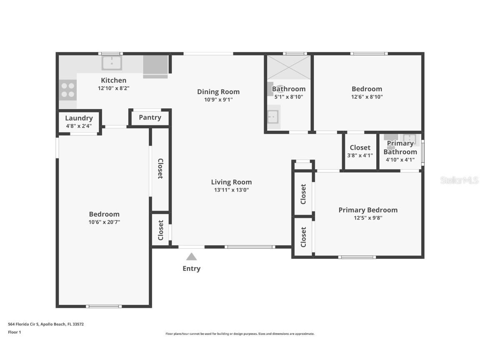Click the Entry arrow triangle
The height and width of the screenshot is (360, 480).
tap(191, 257)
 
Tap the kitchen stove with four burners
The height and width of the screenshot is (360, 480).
tap(68, 90)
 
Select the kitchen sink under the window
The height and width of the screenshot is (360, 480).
tap(112, 63)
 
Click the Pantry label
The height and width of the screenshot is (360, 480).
tap(150, 117)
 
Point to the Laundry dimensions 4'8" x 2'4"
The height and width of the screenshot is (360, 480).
tap(79, 126)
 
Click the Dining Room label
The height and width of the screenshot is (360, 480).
tap(218, 92)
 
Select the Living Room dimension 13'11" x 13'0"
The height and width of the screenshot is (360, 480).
tap(231, 190)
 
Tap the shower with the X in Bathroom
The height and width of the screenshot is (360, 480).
tap(289, 67)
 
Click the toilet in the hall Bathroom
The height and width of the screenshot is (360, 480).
tap(271, 88)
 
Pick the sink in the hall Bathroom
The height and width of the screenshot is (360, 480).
tap(273, 117)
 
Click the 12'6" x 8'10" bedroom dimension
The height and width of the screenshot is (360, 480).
tap(367, 97)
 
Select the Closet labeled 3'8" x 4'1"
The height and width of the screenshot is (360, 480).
tap(360, 151)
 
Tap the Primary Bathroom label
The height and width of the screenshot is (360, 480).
tap(400, 147)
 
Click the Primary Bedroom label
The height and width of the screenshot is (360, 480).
tap(368, 210)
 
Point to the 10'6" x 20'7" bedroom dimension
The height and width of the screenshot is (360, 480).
tap(104, 222)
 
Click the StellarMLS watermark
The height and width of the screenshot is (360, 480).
tap(459, 180)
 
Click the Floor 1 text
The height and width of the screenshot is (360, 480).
tap(14, 332)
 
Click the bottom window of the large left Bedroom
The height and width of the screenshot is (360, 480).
tap(104, 306)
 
